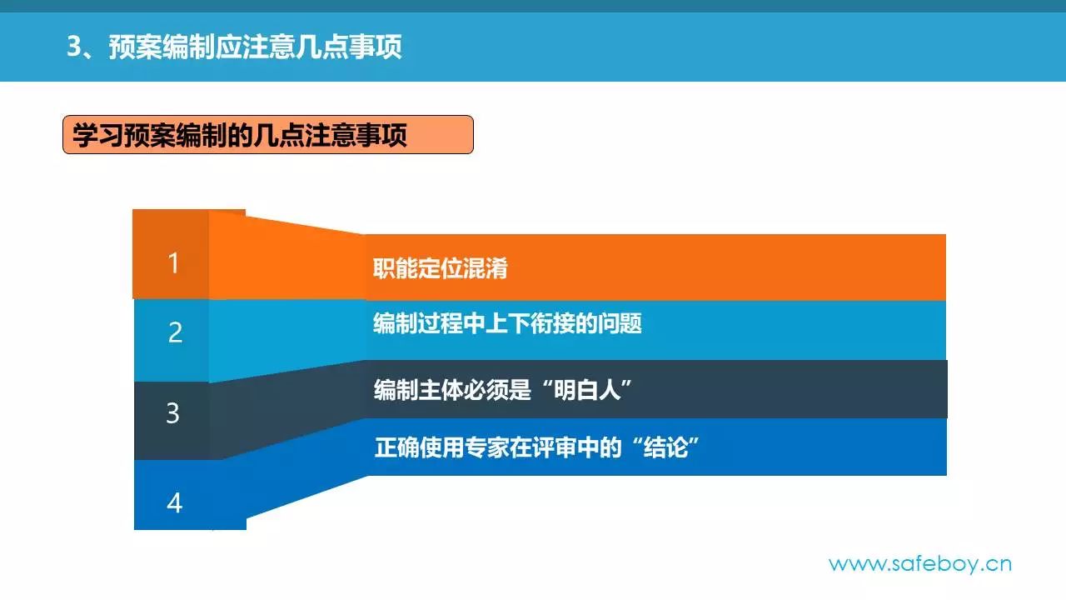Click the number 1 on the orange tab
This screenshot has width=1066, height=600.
pyautogui.click(x=174, y=262)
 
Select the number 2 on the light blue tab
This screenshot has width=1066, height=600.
pyautogui.click(x=175, y=332)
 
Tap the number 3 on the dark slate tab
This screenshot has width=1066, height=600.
pyautogui.click(x=172, y=412)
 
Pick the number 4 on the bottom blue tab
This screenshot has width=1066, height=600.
pyautogui.click(x=174, y=502)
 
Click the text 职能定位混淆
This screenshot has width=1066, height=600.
pyautogui.click(x=441, y=268)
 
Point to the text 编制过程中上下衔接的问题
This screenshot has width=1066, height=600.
pyautogui.click(x=507, y=323)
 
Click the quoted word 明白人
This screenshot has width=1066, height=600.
pyautogui.click(x=587, y=390)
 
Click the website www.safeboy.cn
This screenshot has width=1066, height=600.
pyautogui.click(x=920, y=564)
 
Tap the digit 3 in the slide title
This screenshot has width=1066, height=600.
pyautogui.click(x=74, y=47)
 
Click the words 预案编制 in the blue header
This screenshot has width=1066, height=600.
pyautogui.click(x=161, y=47)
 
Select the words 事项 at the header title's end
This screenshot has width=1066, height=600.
pyautogui.click(x=376, y=47)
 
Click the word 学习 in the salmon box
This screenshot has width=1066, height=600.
pyautogui.click(x=97, y=135)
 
